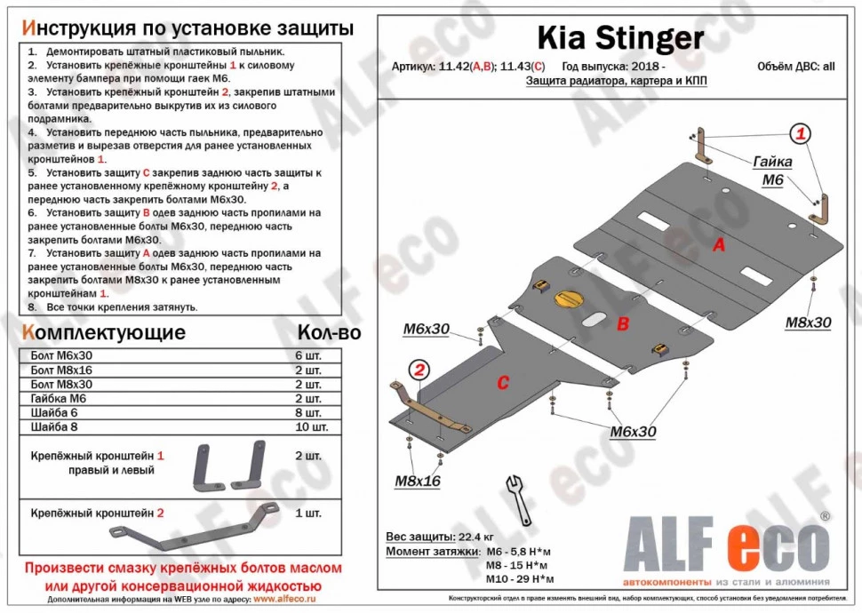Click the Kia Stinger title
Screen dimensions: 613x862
(x=619, y=37)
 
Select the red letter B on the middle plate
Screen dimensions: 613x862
(x=624, y=324)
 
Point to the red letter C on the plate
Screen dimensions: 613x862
(x=502, y=383)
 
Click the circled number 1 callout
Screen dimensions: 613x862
(x=801, y=135)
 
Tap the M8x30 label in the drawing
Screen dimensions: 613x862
(x=807, y=322)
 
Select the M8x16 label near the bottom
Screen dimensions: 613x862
(x=418, y=481)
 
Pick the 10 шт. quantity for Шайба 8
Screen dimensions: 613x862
(x=307, y=428)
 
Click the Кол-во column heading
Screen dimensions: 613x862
(x=329, y=333)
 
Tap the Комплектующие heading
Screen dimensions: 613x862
(x=104, y=333)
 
